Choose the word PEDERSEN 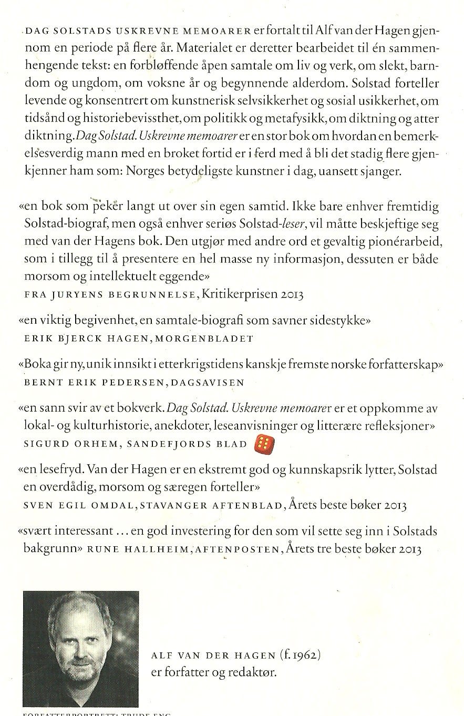122,382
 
